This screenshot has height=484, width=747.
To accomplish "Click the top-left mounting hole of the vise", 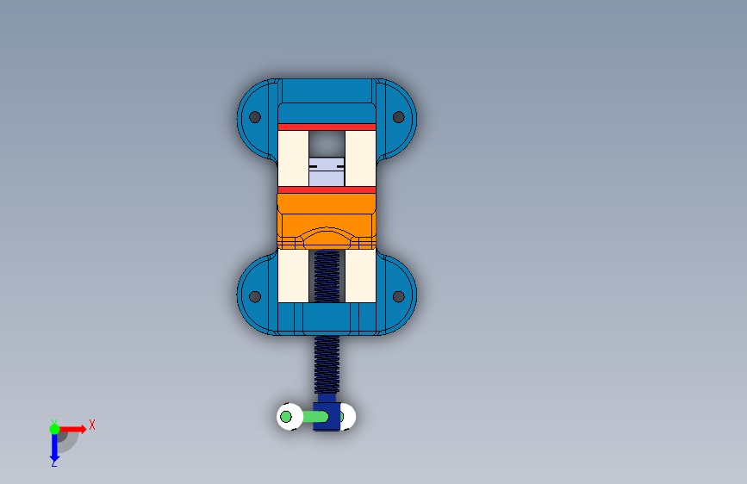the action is [255, 117].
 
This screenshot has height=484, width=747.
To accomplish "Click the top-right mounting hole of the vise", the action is [399, 117].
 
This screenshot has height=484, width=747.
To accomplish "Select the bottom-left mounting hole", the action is [255, 297].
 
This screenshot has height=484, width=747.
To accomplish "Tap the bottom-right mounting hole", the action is [399, 297].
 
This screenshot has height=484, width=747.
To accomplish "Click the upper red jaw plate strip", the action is [327, 127].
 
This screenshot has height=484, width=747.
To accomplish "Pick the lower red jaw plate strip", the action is [327, 189].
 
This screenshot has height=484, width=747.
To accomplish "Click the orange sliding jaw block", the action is [327, 221].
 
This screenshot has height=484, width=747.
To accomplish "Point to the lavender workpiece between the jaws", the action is [327, 172].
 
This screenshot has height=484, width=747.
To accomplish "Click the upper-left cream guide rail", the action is [293, 158].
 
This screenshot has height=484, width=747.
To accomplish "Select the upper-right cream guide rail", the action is [361, 158].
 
